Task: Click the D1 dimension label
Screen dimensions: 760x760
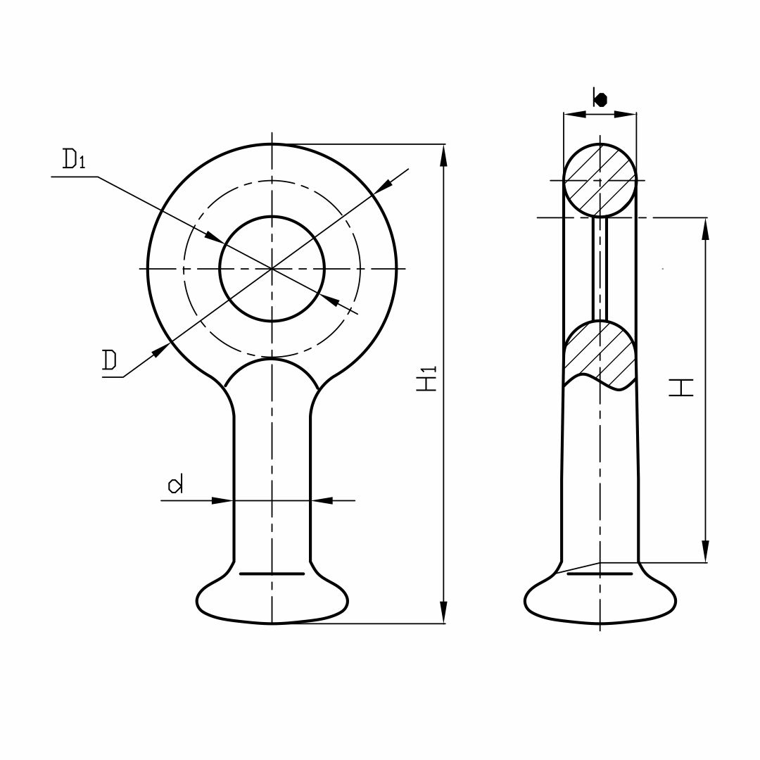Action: (73, 160)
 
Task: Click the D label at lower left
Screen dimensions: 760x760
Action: (109, 361)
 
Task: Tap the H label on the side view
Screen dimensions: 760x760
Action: (680, 388)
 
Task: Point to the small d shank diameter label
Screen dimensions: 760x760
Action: (175, 484)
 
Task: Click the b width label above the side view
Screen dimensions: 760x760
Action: (600, 99)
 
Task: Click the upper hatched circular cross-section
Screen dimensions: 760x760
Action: (600, 180)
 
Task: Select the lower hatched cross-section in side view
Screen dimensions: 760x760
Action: (600, 353)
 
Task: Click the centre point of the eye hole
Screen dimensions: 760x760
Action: (272, 268)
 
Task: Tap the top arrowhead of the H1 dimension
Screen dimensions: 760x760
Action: (443, 155)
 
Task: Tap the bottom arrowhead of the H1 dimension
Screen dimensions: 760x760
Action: (443, 613)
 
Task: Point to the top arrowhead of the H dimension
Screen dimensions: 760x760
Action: (706, 228)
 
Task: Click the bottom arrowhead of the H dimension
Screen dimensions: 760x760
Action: (706, 552)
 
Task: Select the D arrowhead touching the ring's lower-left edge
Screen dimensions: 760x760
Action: (161, 350)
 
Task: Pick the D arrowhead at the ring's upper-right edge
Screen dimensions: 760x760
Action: (384, 186)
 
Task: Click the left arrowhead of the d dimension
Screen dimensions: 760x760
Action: (223, 500)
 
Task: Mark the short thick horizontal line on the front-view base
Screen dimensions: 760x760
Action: (272, 574)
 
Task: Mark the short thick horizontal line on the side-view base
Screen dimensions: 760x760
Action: (600, 574)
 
